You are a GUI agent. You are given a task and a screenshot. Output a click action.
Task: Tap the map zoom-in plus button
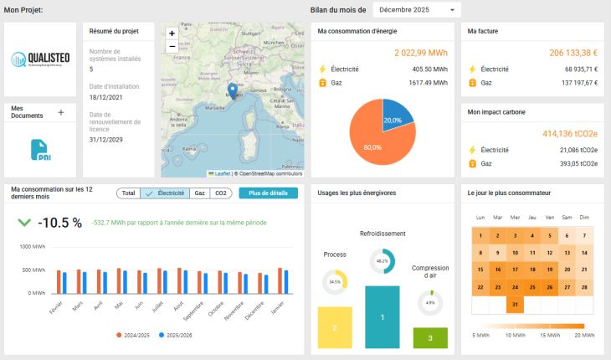pyautogui.click(x=172, y=33)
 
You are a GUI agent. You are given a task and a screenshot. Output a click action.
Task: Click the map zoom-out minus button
pyautogui.click(x=172, y=46)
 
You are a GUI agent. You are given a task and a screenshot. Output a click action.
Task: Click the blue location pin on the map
pyautogui.click(x=233, y=90)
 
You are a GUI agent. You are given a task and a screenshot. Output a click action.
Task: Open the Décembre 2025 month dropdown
pyautogui.click(x=416, y=10)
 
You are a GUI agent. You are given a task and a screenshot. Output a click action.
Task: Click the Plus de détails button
pyautogui.click(x=268, y=193)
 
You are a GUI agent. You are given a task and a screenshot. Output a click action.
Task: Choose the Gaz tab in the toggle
pyautogui.click(x=199, y=193)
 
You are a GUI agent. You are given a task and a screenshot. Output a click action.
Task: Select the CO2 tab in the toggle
pyautogui.click(x=221, y=193)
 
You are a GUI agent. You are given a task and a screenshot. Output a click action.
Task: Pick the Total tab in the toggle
pyautogui.click(x=128, y=193)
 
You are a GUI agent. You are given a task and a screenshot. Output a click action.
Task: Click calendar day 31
pyautogui.click(x=516, y=304)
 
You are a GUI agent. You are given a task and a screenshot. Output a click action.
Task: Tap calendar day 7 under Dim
pyautogui.click(x=584, y=236)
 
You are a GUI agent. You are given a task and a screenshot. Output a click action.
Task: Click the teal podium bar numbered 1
pyautogui.click(x=382, y=317)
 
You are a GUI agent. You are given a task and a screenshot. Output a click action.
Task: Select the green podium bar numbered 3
pyautogui.click(x=430, y=338)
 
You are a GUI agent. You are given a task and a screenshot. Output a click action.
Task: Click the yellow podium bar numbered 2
pyautogui.click(x=335, y=327)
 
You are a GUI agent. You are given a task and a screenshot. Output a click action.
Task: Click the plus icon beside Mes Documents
pyautogui.click(x=60, y=112)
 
